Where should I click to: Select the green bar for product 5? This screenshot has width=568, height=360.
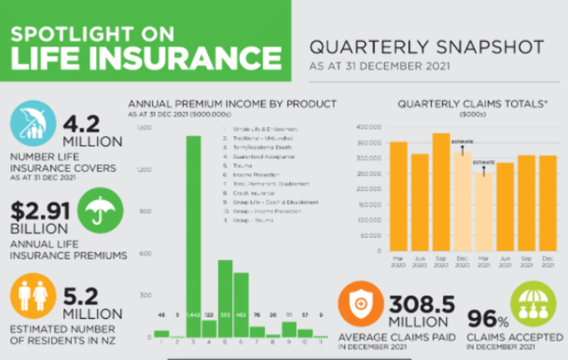225,298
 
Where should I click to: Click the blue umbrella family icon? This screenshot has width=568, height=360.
33,123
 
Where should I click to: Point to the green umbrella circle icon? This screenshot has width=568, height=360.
100,209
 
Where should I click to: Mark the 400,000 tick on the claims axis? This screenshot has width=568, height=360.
369,127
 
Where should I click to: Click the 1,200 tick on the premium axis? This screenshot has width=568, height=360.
144,170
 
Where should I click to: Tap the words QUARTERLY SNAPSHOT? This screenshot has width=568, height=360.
427,48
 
